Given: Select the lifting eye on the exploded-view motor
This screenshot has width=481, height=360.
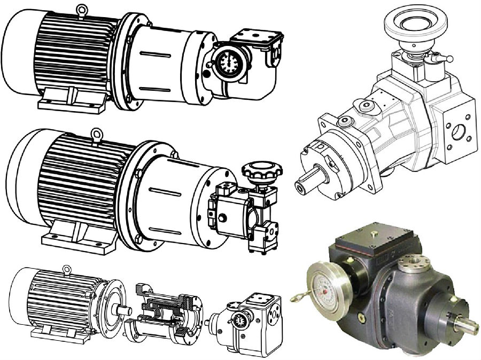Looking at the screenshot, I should (67, 269).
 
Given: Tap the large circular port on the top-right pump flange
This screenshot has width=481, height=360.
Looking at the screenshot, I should (457, 131).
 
